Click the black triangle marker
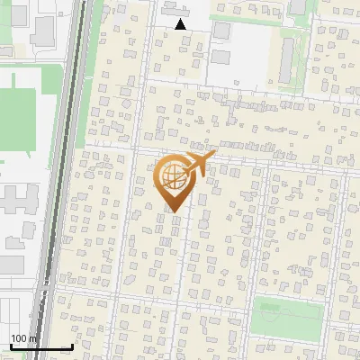[x=181, y=24]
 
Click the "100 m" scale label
[x=23, y=337]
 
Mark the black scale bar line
[x=41, y=346]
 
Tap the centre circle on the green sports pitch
[x=286, y=316]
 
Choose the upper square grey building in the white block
[x=221, y=31]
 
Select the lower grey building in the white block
[x=221, y=57]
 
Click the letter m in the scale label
[x=32, y=337]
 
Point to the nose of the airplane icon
[x=214, y=156]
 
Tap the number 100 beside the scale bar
[x=19, y=337]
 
